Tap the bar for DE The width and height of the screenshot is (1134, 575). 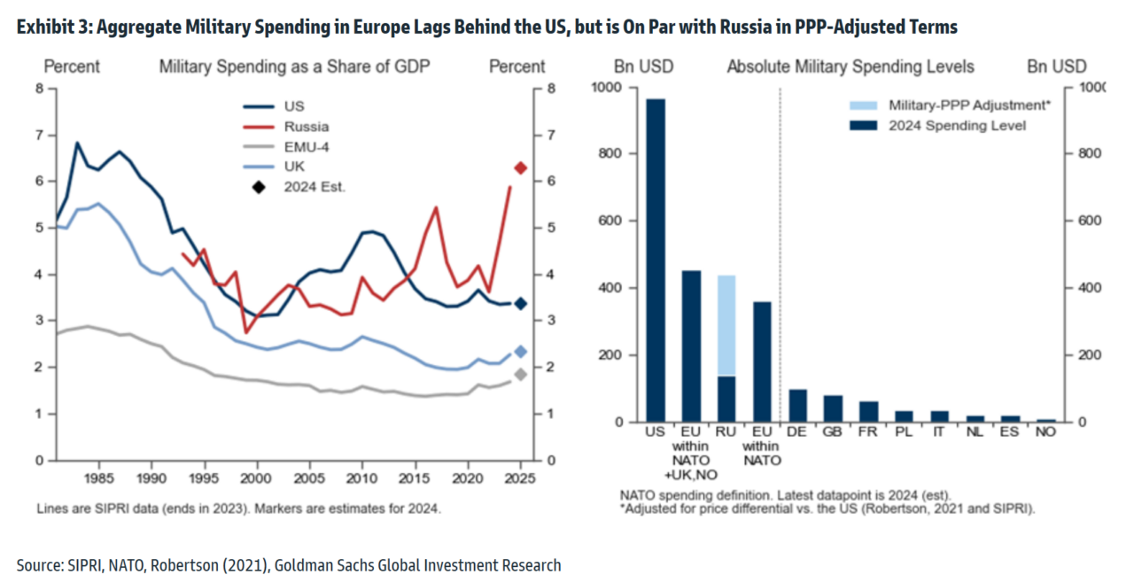click(797, 406)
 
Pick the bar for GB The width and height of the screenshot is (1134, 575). click(833, 408)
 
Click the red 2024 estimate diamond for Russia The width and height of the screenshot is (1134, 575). click(521, 167)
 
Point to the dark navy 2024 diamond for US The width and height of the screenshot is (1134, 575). click(521, 304)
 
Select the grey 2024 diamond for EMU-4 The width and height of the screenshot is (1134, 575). click(521, 375)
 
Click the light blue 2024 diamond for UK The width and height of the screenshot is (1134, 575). click(521, 352)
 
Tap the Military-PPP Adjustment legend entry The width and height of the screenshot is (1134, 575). click(949, 105)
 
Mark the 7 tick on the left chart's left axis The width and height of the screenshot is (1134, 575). click(38, 135)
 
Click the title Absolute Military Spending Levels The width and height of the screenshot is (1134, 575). click(850, 66)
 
